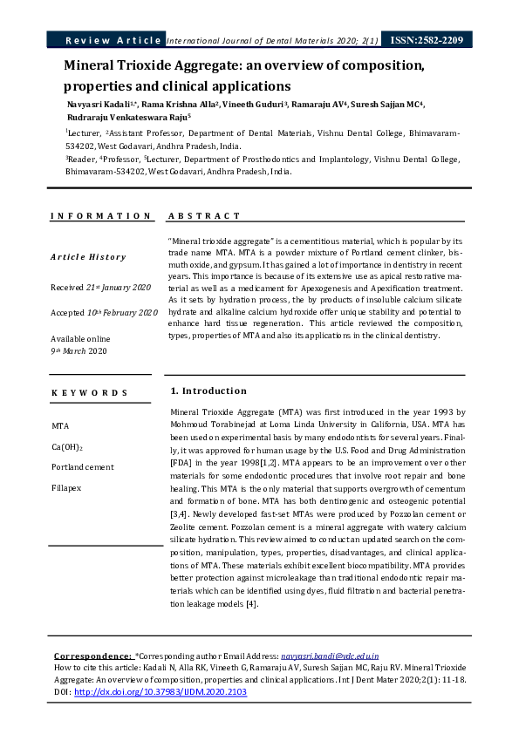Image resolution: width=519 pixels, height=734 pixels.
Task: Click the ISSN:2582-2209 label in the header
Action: pos(427,40)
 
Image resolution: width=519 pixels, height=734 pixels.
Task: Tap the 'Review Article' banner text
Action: pos(113,40)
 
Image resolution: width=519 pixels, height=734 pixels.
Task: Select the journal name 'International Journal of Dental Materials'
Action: pos(245,40)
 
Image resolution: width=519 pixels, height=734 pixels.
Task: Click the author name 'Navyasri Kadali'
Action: pos(98,104)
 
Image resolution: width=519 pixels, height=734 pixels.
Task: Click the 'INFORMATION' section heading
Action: pos(100,215)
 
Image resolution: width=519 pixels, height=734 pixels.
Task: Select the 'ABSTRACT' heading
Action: pos(203,215)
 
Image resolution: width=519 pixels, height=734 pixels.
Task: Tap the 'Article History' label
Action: pos(88,257)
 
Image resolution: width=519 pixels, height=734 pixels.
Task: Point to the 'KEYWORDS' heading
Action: pos(90,393)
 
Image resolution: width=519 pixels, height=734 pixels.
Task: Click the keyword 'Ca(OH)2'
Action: pos(67,447)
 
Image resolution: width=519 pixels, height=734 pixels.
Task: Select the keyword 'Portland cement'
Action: pos(83,467)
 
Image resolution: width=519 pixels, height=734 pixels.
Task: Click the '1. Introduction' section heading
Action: pos(208,391)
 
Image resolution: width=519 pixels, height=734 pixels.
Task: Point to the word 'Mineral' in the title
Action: pos(92,66)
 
